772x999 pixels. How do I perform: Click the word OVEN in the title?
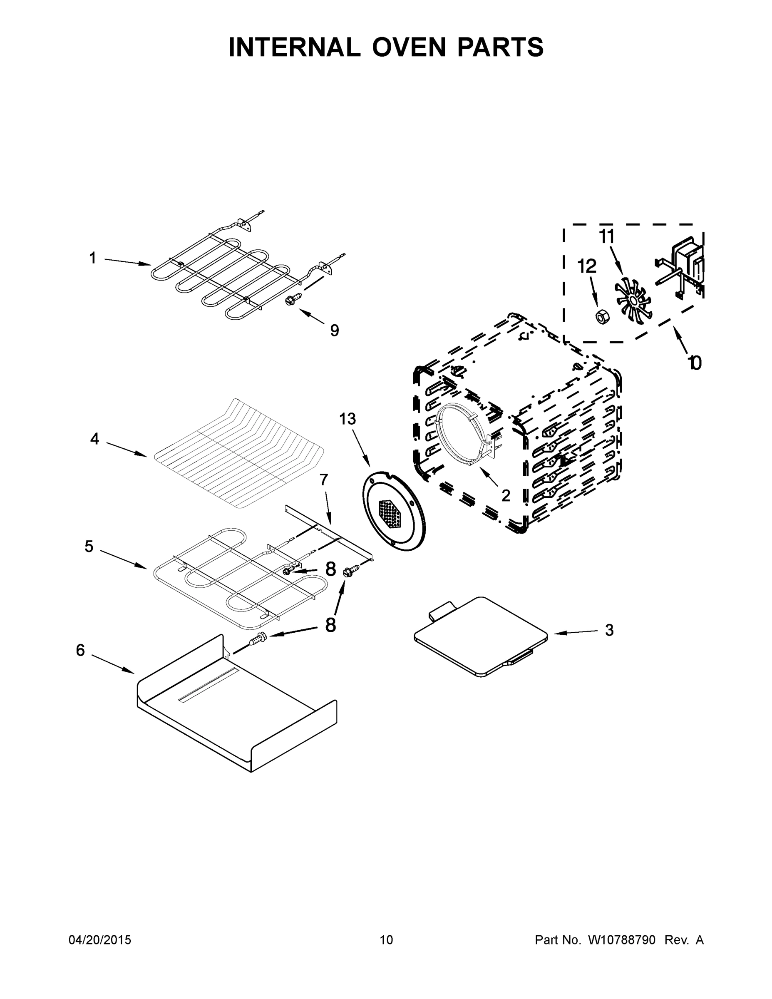click(x=408, y=47)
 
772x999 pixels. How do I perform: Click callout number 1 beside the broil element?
click(x=93, y=258)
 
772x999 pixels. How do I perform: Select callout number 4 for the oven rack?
click(x=94, y=439)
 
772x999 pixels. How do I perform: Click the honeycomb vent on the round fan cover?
click(x=390, y=513)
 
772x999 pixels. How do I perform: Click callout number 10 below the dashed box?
click(x=695, y=363)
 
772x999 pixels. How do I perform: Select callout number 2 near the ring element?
click(x=505, y=495)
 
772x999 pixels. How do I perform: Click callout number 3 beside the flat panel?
click(x=609, y=630)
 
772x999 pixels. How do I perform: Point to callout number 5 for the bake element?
click(x=89, y=546)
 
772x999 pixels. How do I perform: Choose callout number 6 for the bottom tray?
click(x=80, y=650)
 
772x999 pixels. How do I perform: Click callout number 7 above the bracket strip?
click(x=324, y=480)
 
